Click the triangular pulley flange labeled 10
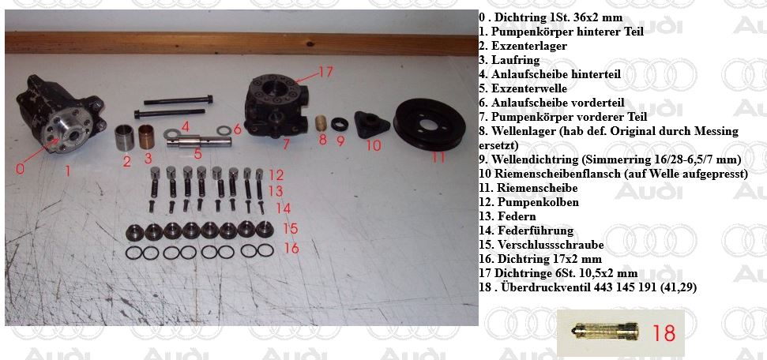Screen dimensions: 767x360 (x=371, y=124)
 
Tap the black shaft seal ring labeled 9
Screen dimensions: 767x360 (x=340, y=124)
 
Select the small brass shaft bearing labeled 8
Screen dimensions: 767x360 (x=321, y=123)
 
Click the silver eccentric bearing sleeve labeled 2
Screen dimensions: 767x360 (x=124, y=137)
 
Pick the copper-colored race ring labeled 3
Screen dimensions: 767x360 (x=147, y=137)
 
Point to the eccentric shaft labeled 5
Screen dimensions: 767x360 (x=198, y=141)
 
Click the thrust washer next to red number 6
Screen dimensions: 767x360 (x=224, y=130)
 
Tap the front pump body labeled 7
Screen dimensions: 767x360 (x=276, y=107)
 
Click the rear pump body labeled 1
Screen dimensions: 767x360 (x=61, y=115)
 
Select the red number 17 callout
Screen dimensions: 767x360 (x=325, y=72)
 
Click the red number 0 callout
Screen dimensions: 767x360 (x=19, y=168)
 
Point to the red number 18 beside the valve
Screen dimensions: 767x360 (x=664, y=333)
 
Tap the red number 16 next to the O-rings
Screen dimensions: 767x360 (x=291, y=248)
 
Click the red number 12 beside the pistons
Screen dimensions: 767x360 (x=276, y=174)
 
